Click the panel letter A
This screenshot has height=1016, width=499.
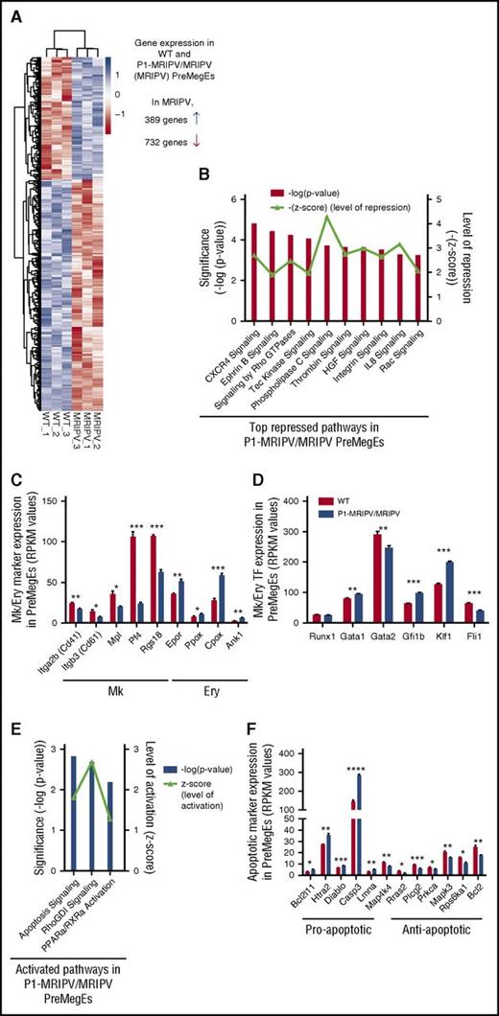click(11, 11)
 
